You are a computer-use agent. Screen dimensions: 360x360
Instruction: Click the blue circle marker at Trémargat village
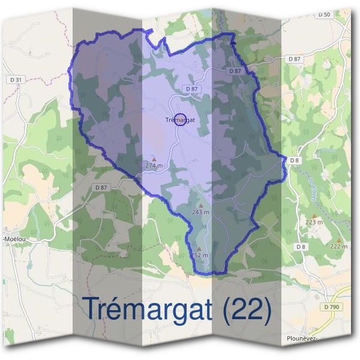point(180,119)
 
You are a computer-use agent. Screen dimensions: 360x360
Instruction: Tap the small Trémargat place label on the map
point(179,120)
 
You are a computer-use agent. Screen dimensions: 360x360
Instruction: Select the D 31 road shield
point(16,80)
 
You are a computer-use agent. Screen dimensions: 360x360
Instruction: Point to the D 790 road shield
point(331,307)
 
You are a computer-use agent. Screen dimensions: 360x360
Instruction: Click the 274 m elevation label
point(154,165)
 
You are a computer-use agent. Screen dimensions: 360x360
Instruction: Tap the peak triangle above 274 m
point(154,159)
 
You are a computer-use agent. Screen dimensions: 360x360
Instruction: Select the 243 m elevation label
point(200,212)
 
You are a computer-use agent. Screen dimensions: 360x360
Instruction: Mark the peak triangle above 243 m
point(200,205)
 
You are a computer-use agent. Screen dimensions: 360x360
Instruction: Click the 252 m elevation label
point(199,255)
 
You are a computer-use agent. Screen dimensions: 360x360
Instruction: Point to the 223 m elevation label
point(314,222)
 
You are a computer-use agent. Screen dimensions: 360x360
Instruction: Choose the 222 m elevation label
point(338,247)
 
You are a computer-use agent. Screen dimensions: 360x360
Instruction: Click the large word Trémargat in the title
point(146,308)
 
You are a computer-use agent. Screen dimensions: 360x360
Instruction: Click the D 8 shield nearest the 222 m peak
point(301,247)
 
